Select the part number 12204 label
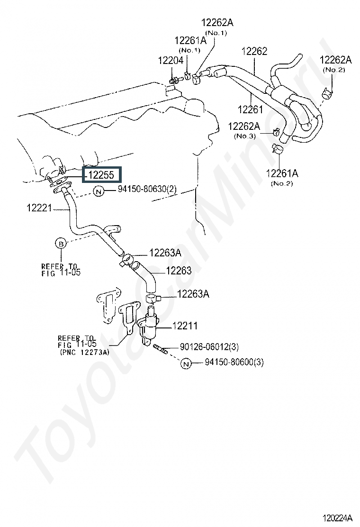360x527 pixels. click(x=170, y=60)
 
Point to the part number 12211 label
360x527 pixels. click(x=185, y=326)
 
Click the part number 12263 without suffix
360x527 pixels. click(x=179, y=271)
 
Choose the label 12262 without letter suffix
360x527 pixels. click(x=254, y=52)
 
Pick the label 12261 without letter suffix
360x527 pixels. click(x=250, y=110)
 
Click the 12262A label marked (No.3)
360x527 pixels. click(x=244, y=126)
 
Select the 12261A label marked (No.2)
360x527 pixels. click(x=282, y=173)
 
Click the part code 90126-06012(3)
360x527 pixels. click(x=209, y=348)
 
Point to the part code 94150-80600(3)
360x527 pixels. click(x=234, y=363)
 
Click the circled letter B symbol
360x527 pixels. click(x=61, y=244)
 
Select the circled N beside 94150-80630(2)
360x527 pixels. click(x=98, y=191)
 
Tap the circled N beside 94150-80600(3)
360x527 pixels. click(x=186, y=363)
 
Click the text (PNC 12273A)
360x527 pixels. click(x=84, y=352)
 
